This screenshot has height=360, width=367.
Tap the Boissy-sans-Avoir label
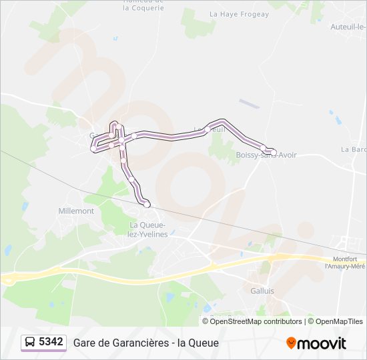click(266, 155)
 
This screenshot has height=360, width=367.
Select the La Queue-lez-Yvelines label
click(148, 229)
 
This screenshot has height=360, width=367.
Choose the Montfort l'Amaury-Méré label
click(345, 263)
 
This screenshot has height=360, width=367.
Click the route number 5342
click(51, 342)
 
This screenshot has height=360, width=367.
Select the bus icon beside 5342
click(30, 343)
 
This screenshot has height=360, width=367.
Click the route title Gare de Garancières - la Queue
click(146, 343)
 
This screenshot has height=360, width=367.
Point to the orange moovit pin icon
click(291, 343)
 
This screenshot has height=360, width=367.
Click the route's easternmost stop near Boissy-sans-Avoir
click(274, 152)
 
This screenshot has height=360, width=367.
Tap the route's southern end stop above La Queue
click(147, 204)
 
